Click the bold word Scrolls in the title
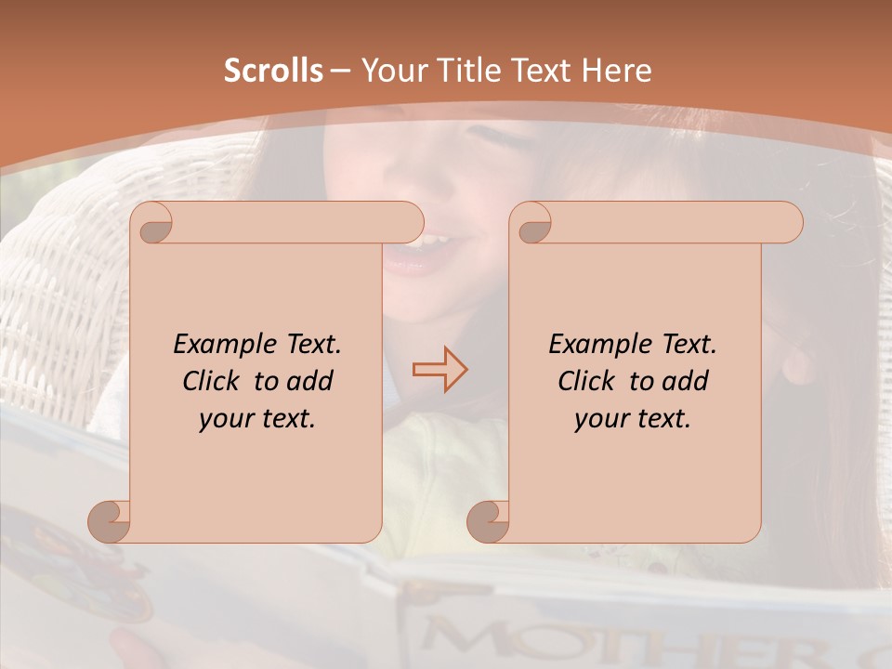pyautogui.click(x=273, y=71)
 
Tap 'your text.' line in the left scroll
pyautogui.click(x=257, y=418)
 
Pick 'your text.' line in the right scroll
pyautogui.click(x=633, y=418)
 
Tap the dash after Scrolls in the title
pyautogui.click(x=340, y=71)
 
